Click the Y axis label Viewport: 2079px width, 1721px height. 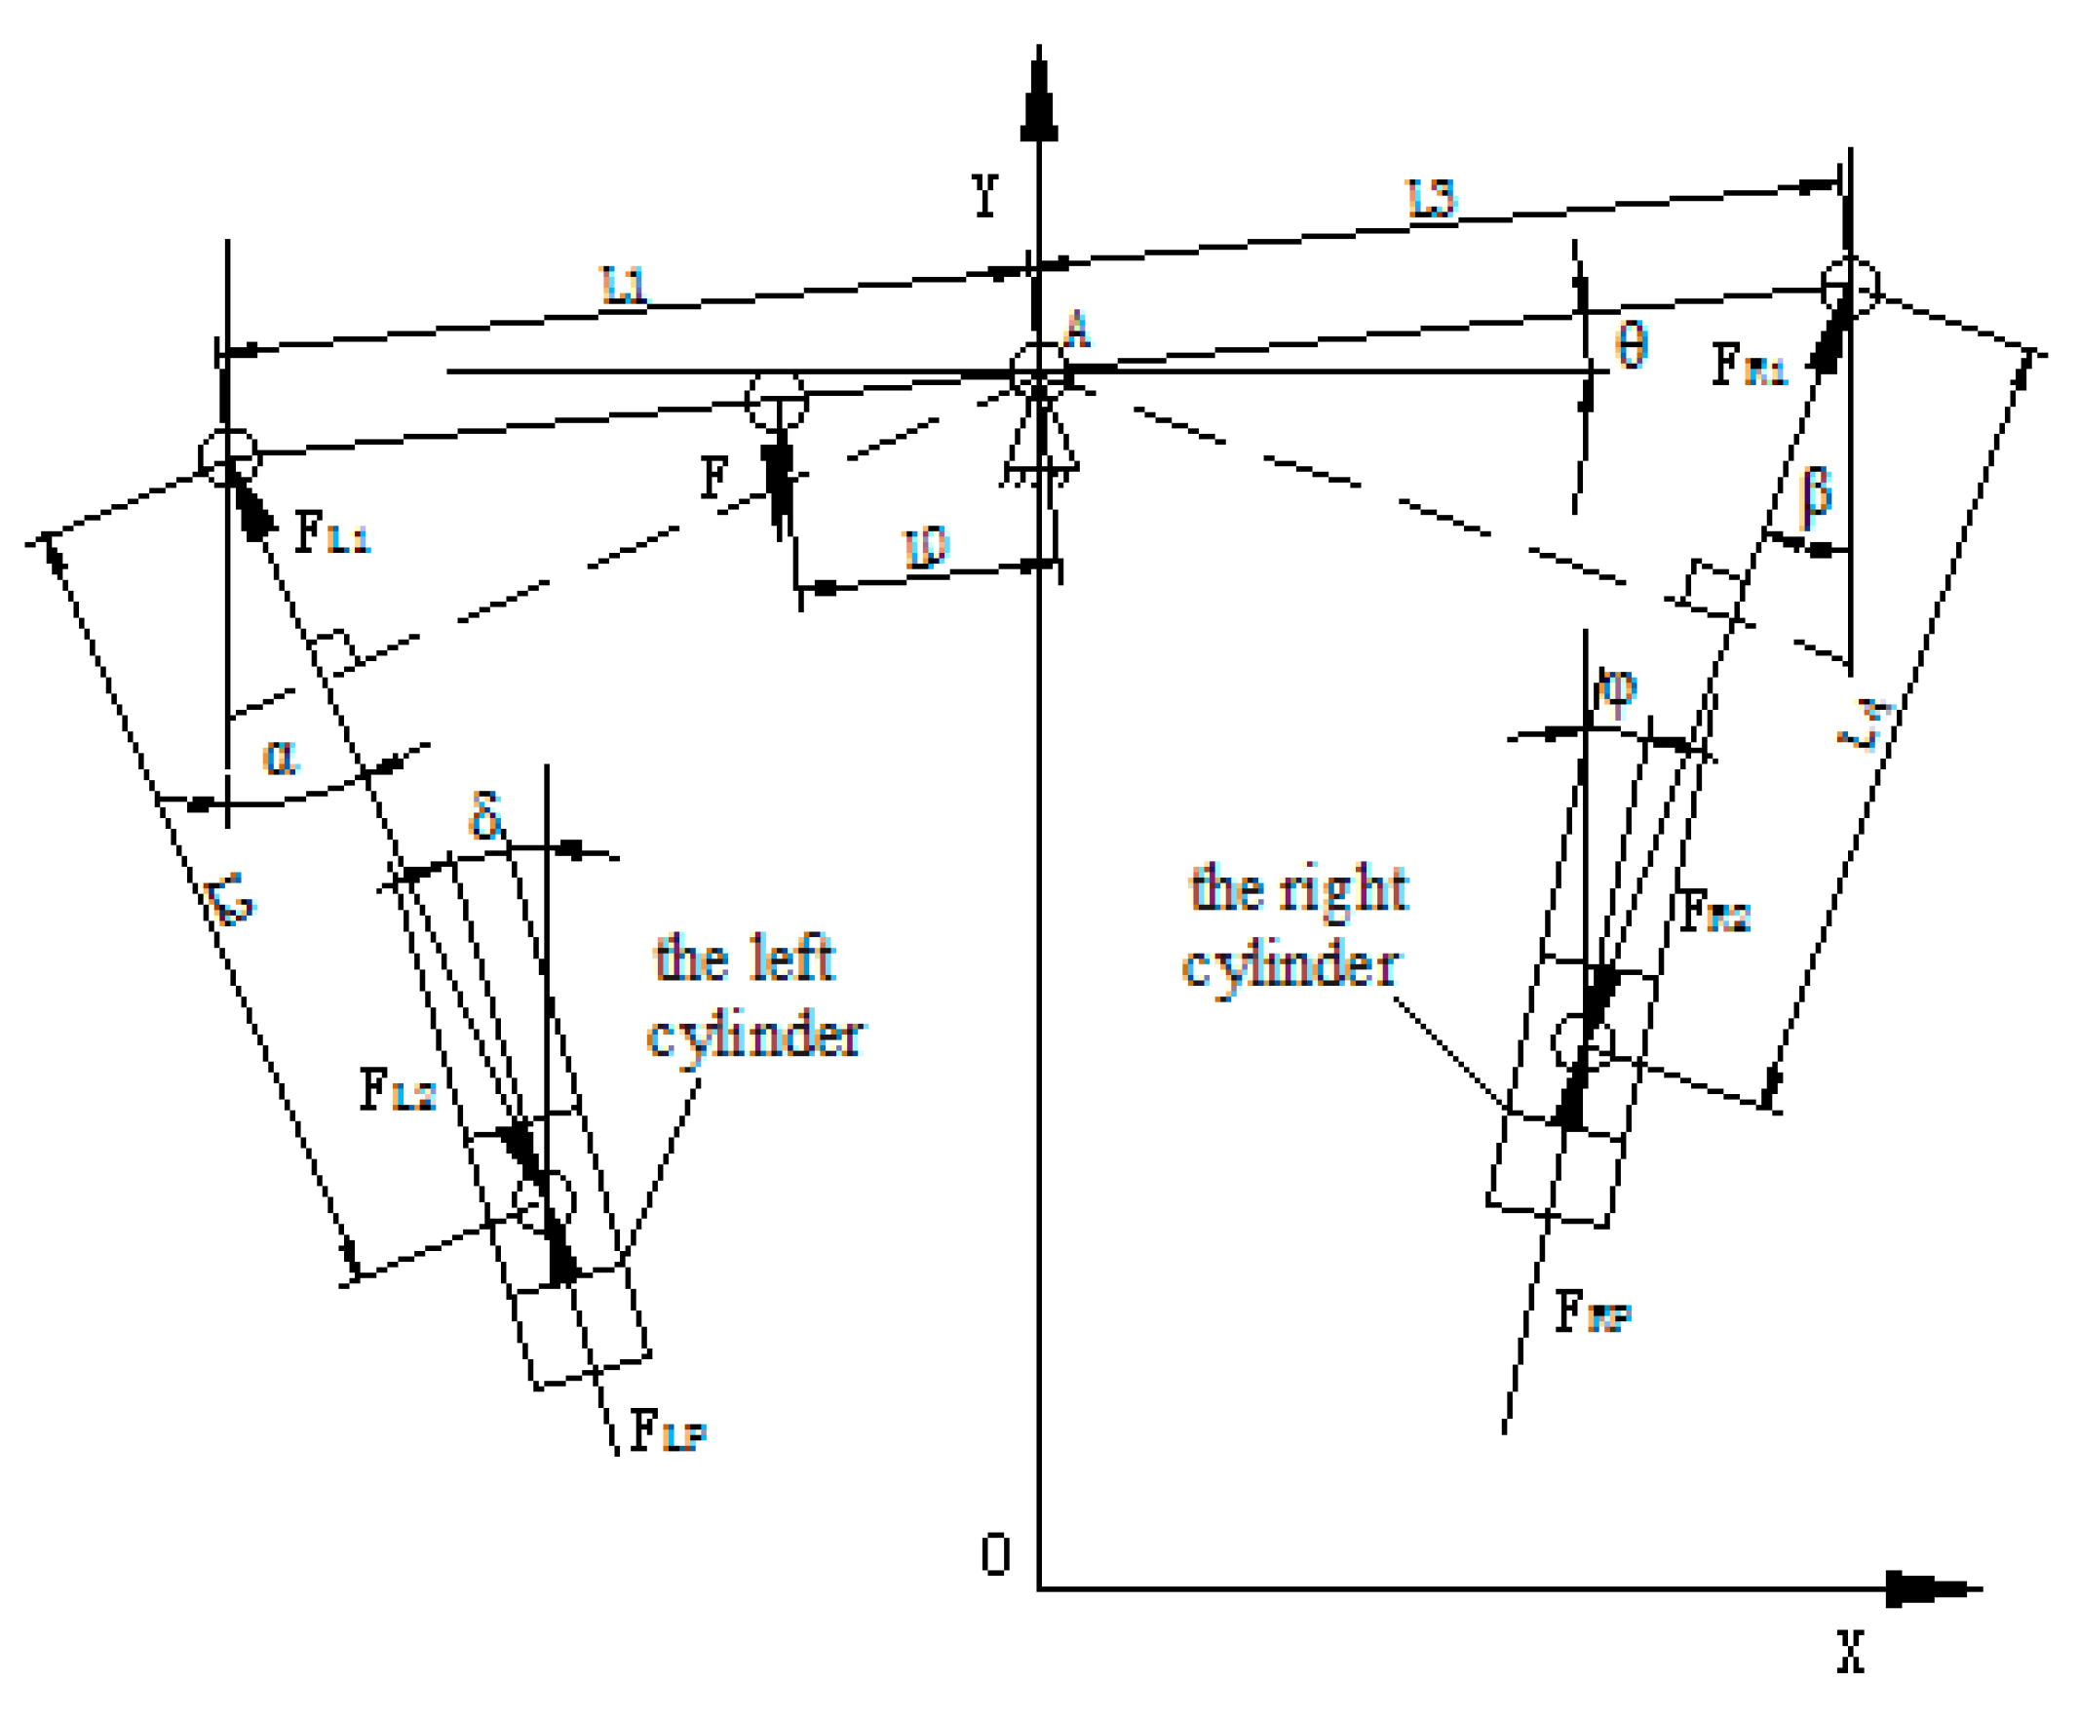(984, 195)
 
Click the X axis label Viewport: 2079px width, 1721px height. (1850, 1652)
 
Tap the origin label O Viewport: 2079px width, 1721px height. (995, 1553)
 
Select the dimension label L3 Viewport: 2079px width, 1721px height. (1432, 199)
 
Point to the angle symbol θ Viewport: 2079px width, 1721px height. (1631, 346)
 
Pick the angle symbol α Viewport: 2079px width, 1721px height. (280, 758)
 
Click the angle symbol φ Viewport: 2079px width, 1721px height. (1615, 687)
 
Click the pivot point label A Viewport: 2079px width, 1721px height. (1076, 331)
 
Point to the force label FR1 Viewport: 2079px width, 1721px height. (1749, 366)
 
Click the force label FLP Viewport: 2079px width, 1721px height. (668, 1431)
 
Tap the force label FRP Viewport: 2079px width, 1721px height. (1591, 1313)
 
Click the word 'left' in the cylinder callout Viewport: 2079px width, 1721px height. (791, 958)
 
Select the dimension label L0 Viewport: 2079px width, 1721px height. (927, 548)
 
